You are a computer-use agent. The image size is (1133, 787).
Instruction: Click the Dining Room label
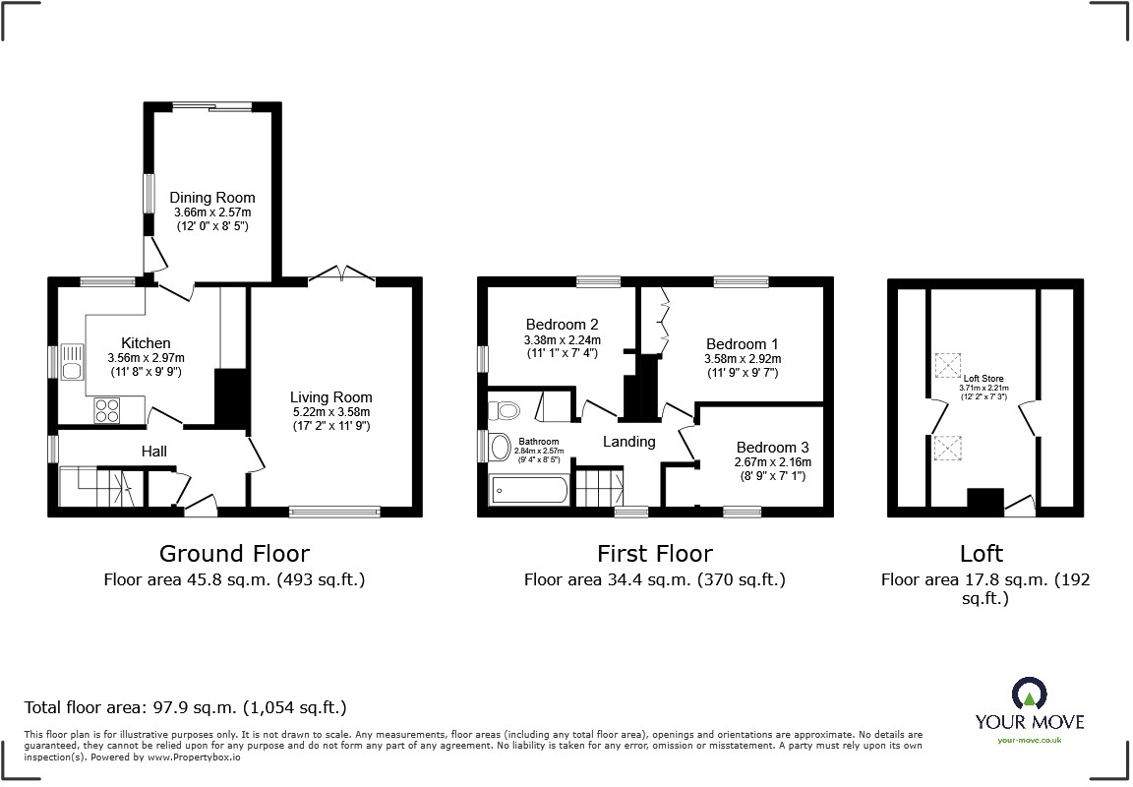(x=212, y=197)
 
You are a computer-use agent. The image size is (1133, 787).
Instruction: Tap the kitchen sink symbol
(x=72, y=362)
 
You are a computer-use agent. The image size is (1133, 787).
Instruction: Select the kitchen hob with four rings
(x=108, y=409)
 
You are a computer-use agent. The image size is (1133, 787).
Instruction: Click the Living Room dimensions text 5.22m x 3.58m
(x=330, y=412)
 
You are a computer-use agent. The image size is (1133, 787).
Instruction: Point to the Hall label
(x=153, y=452)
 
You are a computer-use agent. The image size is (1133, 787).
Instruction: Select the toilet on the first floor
(x=506, y=408)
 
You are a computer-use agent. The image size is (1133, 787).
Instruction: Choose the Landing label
(x=628, y=442)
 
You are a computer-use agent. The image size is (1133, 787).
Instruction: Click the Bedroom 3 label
(x=772, y=446)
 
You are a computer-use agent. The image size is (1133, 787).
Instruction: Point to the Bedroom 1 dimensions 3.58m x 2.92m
(x=742, y=359)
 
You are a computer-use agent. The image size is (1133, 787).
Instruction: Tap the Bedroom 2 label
(x=562, y=325)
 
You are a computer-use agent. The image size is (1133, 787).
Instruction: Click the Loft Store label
(x=983, y=378)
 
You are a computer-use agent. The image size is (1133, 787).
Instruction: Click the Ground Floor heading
(x=234, y=554)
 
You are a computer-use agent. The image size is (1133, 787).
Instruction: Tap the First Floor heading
(x=654, y=554)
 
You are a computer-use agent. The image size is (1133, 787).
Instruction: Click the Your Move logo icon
(x=1029, y=694)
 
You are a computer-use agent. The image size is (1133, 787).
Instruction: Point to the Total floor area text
(x=185, y=707)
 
